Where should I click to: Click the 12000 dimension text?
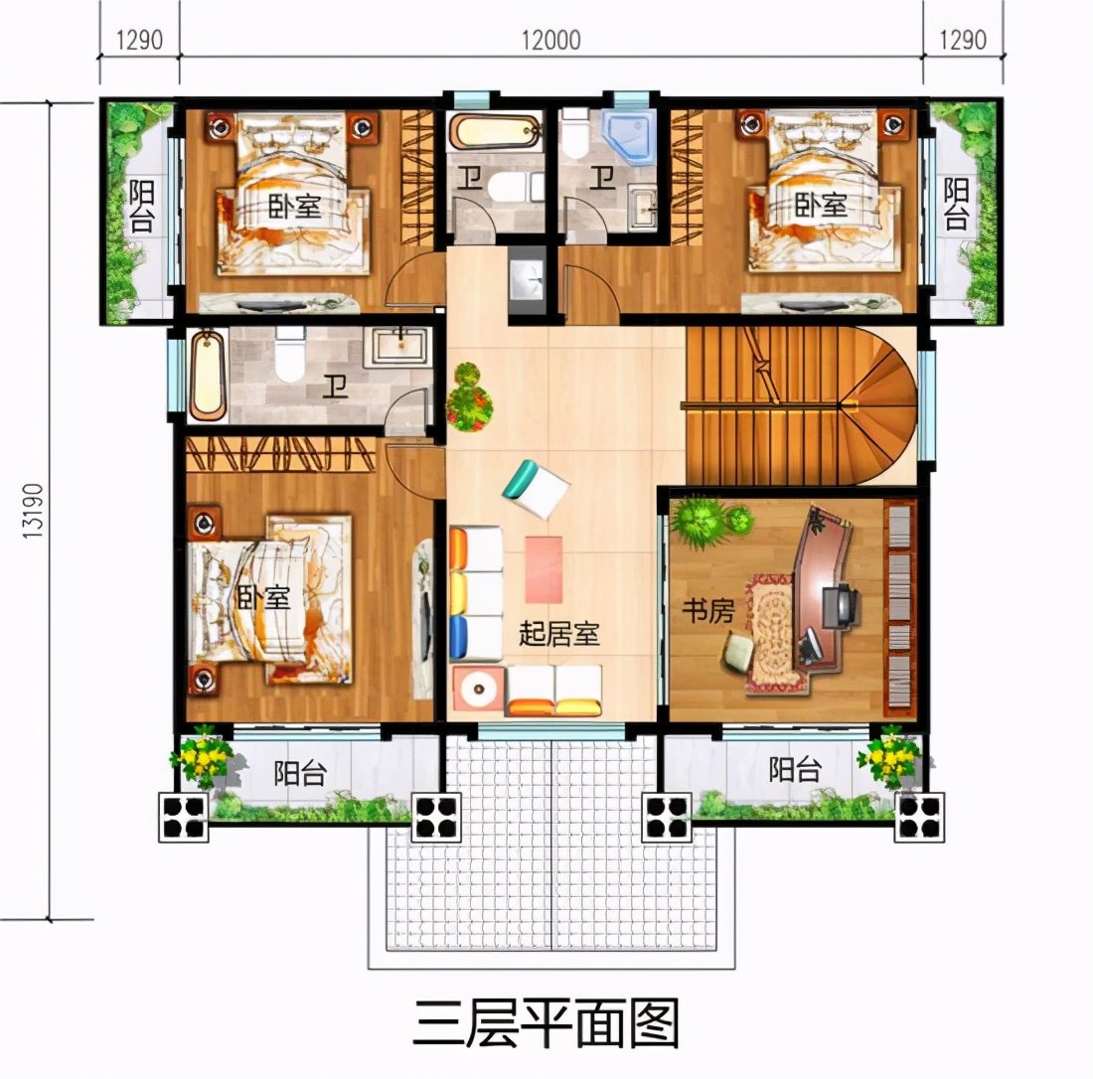coord(548,40)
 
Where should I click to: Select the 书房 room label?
coord(706,612)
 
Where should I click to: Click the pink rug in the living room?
coord(544,568)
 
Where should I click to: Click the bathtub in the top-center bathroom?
coord(494,132)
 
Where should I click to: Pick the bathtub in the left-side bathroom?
coord(208,376)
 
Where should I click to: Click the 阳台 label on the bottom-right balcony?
coord(795,768)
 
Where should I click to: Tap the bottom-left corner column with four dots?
coord(184,815)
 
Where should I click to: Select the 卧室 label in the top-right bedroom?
coord(822,206)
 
